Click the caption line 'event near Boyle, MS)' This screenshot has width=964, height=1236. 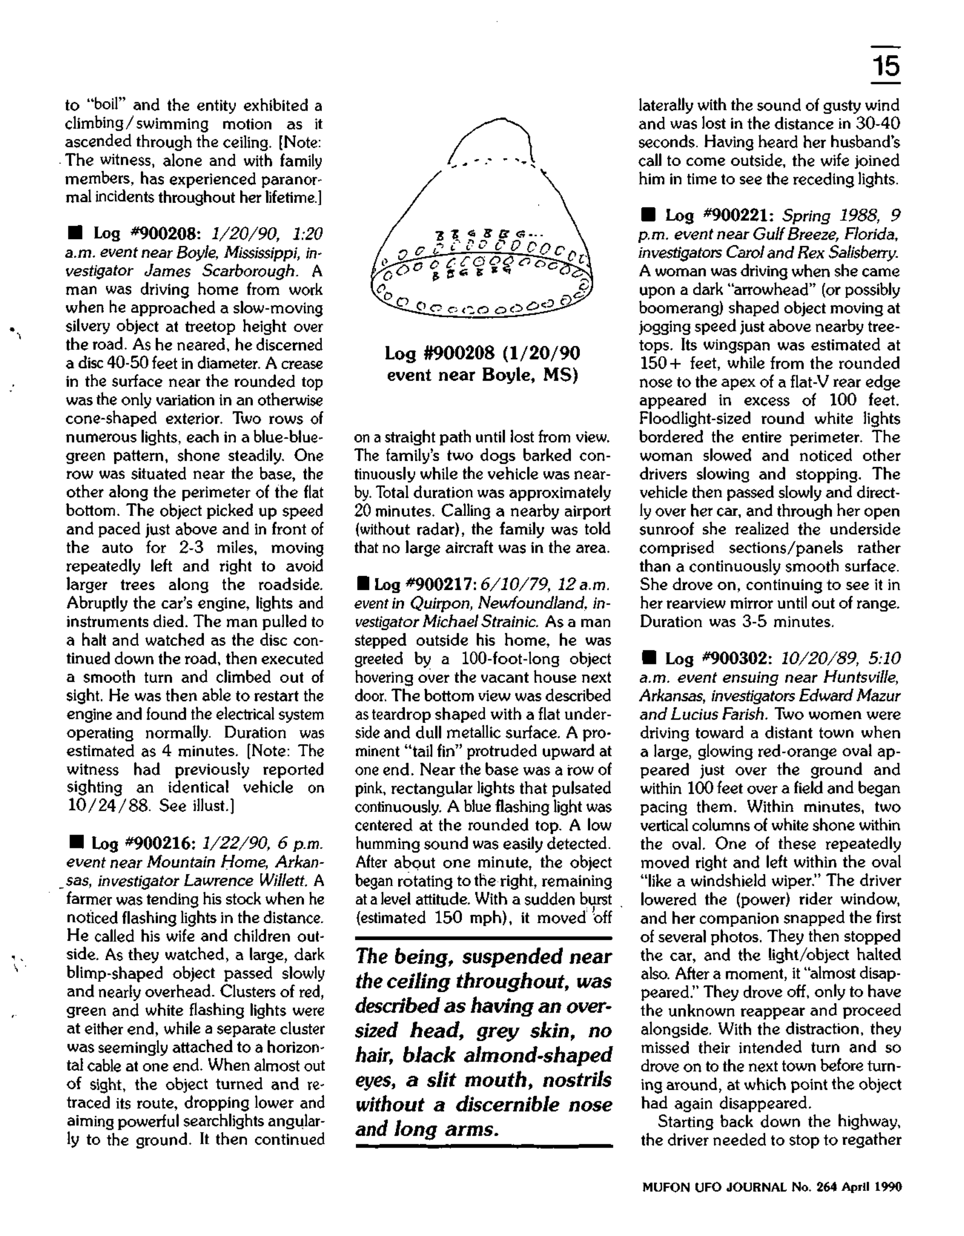[x=483, y=375]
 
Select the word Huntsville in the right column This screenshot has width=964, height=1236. [x=861, y=677]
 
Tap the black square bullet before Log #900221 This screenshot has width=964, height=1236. [x=648, y=216]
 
